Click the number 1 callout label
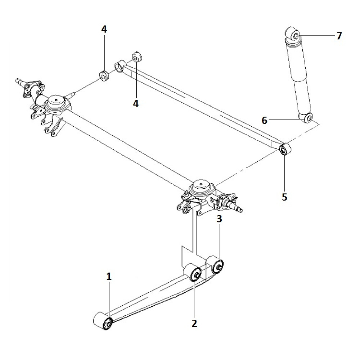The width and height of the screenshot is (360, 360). [x=109, y=276]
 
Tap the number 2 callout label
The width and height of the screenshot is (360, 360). [x=194, y=323]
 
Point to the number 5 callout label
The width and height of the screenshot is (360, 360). [x=285, y=197]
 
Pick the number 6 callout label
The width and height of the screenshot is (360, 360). [x=265, y=121]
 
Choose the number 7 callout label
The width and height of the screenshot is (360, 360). [x=339, y=36]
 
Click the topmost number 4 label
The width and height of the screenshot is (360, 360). [x=104, y=30]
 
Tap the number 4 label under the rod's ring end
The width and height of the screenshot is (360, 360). [x=136, y=103]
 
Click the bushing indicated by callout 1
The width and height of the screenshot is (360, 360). [x=107, y=323]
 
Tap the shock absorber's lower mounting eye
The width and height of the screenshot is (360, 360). [x=308, y=118]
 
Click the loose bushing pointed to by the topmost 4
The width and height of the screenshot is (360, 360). [x=104, y=76]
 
